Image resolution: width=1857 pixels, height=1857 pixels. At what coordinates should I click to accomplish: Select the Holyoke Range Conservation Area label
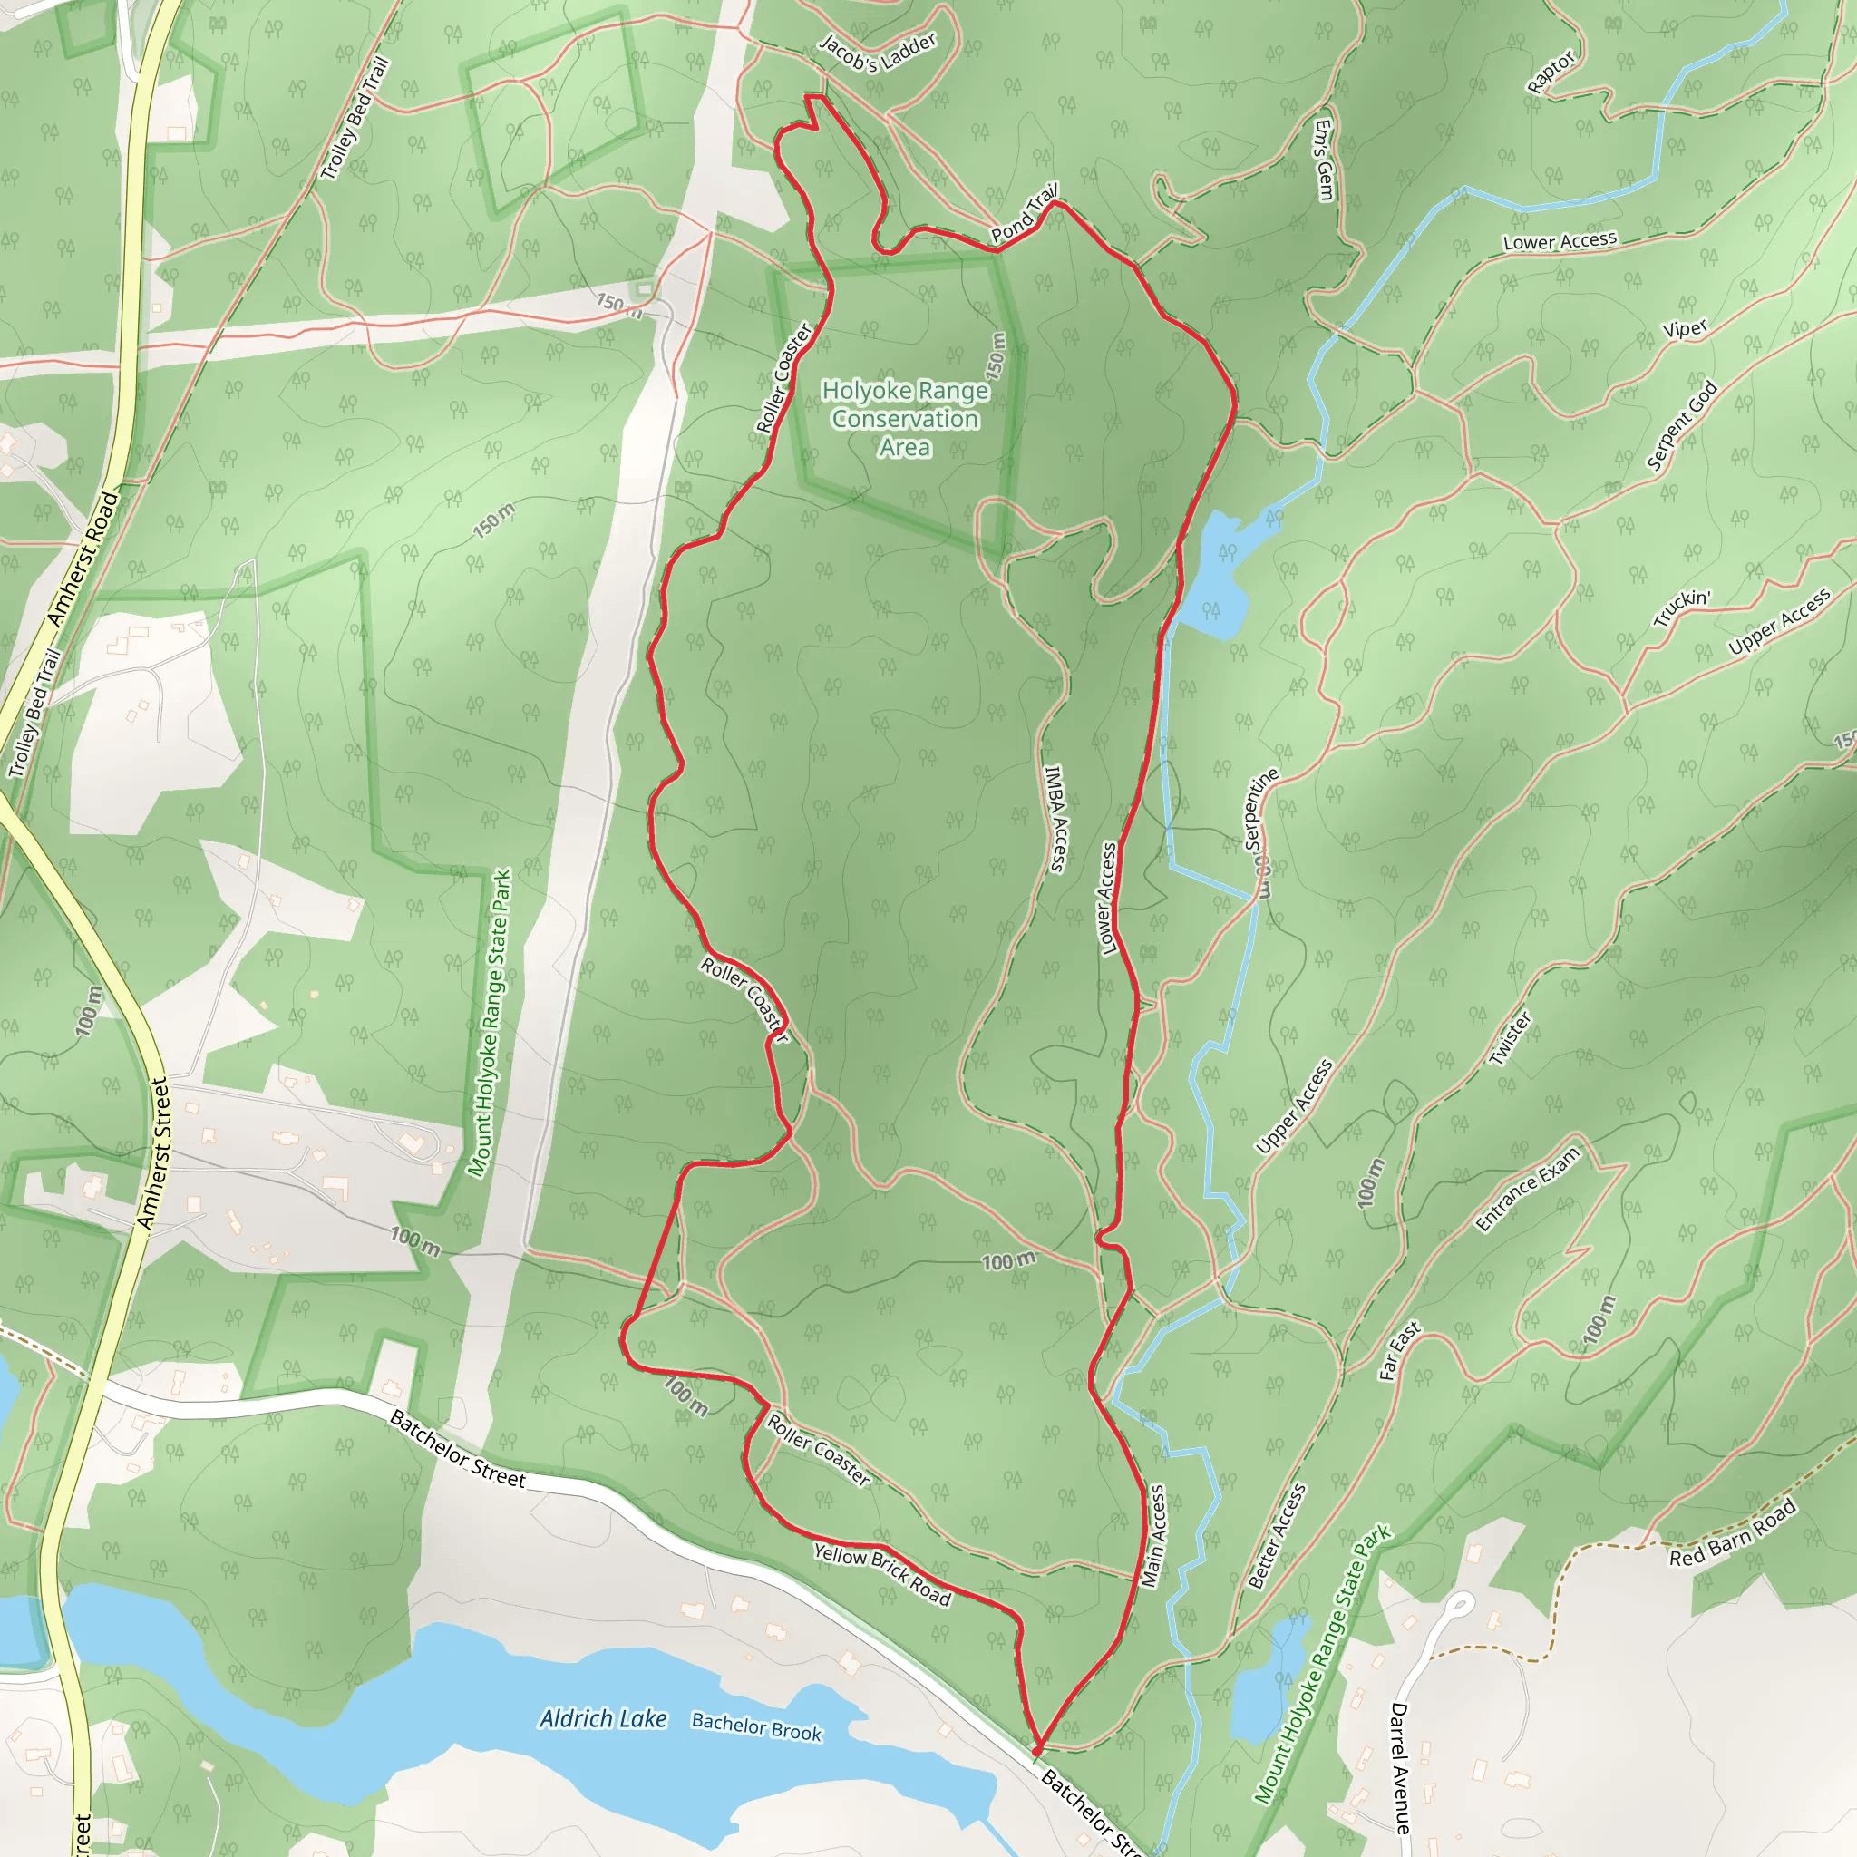tap(904, 418)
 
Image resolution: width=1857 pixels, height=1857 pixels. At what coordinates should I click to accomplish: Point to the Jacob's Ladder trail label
tap(878, 53)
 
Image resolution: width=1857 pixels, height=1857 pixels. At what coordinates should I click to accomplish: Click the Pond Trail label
tap(1025, 212)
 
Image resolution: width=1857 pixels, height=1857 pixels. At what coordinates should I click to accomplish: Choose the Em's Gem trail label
tap(1325, 160)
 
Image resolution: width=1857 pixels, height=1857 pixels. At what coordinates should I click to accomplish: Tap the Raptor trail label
tap(1551, 73)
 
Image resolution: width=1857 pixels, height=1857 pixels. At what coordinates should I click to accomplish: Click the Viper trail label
tap(1685, 329)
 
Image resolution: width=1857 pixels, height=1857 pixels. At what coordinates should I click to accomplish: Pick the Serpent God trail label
tap(1682, 426)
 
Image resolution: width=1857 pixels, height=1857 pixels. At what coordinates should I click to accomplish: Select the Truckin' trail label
tap(1682, 608)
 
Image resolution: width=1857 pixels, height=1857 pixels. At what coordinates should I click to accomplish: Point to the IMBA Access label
tap(1055, 818)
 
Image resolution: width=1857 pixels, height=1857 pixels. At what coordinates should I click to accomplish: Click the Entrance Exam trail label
tap(1527, 1188)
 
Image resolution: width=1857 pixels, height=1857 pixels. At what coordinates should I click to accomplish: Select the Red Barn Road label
tap(1732, 1533)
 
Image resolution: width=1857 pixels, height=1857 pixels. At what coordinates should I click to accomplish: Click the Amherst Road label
tap(84, 559)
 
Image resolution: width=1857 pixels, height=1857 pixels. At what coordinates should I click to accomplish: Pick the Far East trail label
tap(1399, 1351)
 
